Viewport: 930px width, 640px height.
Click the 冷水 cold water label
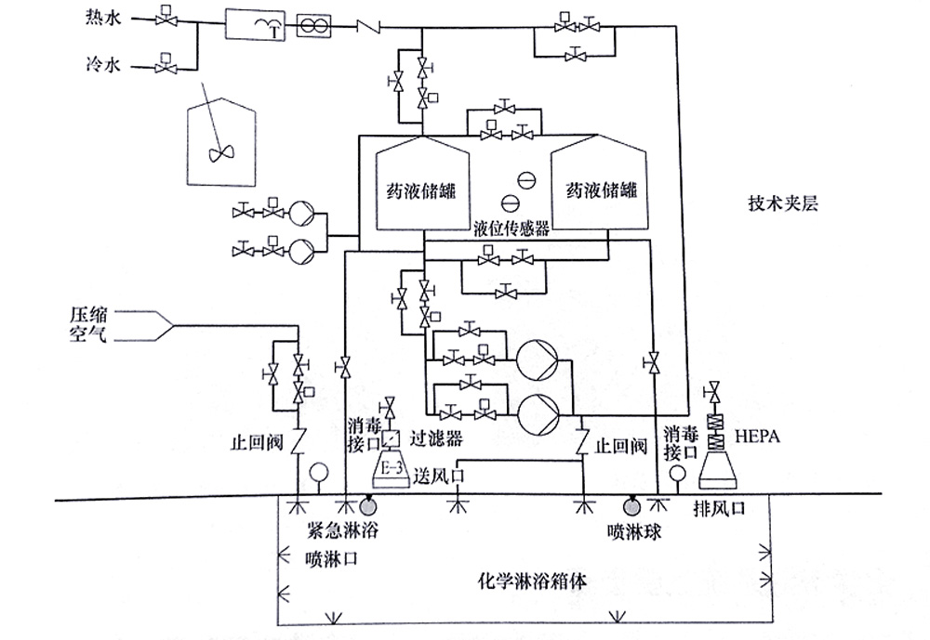click(99, 65)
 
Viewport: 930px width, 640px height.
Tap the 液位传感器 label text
click(511, 227)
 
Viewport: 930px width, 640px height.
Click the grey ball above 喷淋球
click(631, 506)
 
